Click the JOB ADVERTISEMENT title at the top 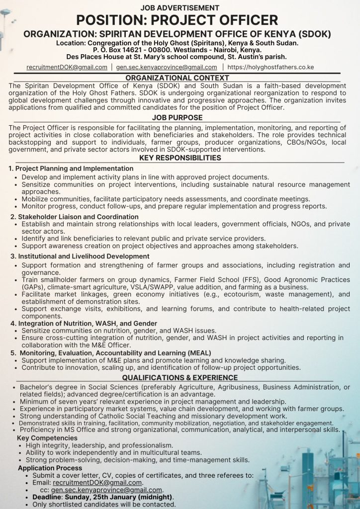click(x=180, y=7)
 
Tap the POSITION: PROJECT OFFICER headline click(x=180, y=20)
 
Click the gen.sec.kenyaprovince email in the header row click(x=167, y=67)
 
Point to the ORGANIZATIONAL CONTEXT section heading click(x=177, y=78)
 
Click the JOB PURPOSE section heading click(x=177, y=118)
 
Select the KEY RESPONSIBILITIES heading click(x=180, y=158)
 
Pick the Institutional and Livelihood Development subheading click(x=80, y=256)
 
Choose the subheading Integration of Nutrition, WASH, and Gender click(x=84, y=324)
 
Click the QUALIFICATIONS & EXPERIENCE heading click(x=180, y=378)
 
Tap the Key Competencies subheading click(x=47, y=438)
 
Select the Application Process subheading click(x=50, y=468)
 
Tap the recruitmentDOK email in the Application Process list click(x=97, y=483)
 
